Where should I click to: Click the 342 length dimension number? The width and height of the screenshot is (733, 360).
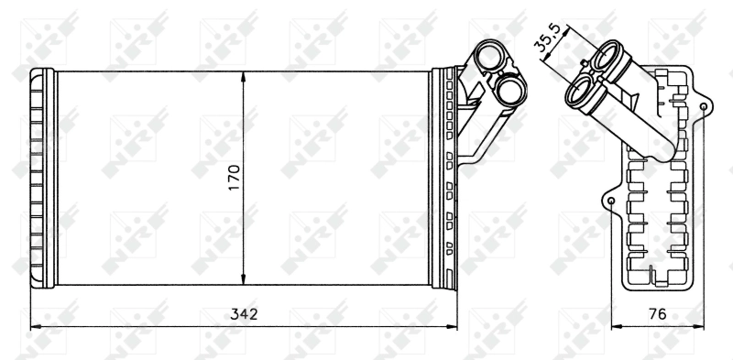pyautogui.click(x=244, y=313)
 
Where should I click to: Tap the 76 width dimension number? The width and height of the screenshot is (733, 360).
pyautogui.click(x=657, y=313)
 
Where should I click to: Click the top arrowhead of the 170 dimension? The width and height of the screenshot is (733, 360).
pyautogui.click(x=244, y=76)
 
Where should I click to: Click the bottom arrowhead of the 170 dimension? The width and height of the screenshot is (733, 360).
pyautogui.click(x=244, y=279)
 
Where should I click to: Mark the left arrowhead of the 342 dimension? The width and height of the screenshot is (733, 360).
pyautogui.click(x=35, y=324)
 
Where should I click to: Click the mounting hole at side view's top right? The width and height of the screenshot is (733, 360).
pyautogui.click(x=703, y=107)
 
